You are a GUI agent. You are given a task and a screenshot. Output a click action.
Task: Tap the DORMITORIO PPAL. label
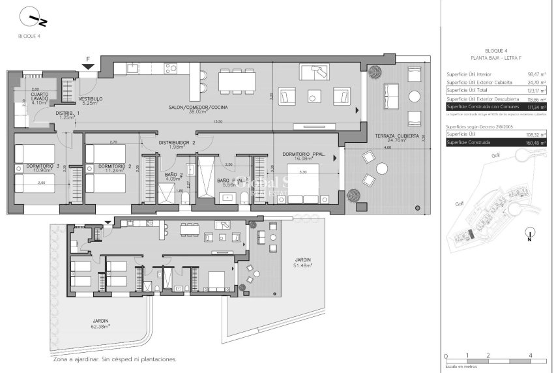(x=304, y=154)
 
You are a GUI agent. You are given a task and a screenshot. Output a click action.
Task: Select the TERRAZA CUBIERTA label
(x=397, y=136)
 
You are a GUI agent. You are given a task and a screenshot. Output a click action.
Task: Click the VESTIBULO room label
(x=91, y=99)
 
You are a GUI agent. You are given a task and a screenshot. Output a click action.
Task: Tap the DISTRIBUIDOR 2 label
(x=178, y=142)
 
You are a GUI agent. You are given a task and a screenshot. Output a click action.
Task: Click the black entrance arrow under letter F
(x=88, y=67)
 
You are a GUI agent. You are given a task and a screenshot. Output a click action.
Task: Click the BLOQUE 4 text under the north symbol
(x=29, y=37)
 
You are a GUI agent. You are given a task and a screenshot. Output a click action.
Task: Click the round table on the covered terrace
(x=381, y=168)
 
